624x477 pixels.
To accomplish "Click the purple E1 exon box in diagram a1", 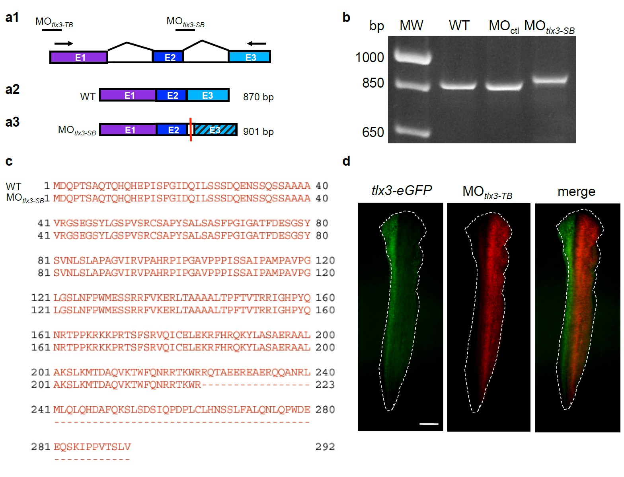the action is [x=78, y=57].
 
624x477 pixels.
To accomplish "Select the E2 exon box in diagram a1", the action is [x=168, y=57].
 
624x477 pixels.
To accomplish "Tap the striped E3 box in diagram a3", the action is [x=215, y=130].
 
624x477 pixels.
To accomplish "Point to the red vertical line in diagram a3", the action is [x=191, y=129].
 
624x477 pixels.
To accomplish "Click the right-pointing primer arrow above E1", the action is [x=64, y=43].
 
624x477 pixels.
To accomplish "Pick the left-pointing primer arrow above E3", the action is [x=256, y=43].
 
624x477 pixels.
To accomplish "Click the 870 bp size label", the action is [x=258, y=97].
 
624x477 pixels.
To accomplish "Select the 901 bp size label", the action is [x=258, y=131].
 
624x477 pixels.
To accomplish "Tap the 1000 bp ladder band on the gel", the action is [x=413, y=57].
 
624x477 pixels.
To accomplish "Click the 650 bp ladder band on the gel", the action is [x=413, y=131].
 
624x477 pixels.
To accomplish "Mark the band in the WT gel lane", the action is [x=458, y=85].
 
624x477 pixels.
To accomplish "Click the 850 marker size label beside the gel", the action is [x=373, y=83].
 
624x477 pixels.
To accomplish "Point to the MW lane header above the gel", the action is [x=411, y=25].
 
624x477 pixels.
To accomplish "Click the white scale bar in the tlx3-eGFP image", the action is [x=429, y=424].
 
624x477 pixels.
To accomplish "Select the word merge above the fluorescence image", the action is [x=576, y=192].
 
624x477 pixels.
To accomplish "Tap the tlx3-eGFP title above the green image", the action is [x=401, y=190].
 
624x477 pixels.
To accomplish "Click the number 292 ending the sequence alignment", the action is [x=325, y=447].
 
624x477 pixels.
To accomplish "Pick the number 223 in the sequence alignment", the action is [x=325, y=385].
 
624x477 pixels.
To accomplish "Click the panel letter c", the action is [x=9, y=161].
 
